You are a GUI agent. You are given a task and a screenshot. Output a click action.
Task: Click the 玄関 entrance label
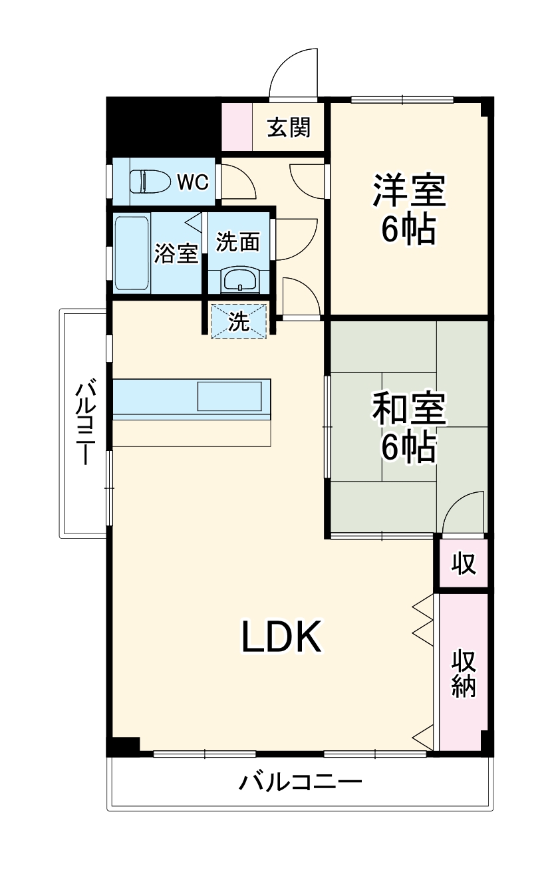point(289,127)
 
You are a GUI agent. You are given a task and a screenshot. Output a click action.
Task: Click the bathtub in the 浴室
point(131,253)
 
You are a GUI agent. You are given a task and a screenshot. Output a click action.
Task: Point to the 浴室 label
point(176,253)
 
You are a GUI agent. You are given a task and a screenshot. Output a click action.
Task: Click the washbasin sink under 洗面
point(239,279)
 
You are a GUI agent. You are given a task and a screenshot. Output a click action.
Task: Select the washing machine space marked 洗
point(239,321)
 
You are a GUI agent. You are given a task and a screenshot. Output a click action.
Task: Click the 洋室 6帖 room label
point(408,208)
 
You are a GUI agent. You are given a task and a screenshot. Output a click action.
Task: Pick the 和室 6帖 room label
point(408,428)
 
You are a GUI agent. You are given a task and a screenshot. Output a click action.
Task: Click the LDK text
point(281,637)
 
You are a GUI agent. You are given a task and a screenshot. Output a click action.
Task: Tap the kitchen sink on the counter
point(229,396)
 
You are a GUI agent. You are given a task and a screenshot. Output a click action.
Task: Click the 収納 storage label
point(464,673)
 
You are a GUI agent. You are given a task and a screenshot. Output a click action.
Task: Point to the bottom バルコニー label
point(301,781)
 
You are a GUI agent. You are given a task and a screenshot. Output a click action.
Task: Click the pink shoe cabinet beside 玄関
point(237,126)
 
